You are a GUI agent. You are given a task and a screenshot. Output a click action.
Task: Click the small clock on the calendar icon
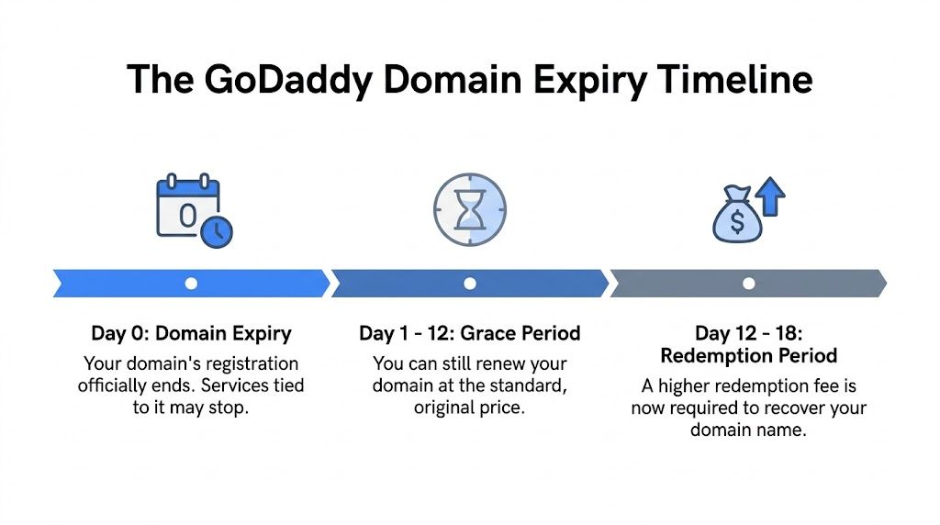(x=216, y=231)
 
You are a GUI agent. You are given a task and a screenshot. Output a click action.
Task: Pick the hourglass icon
(x=469, y=210)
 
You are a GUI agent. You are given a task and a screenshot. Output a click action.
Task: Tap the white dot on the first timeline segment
(x=191, y=284)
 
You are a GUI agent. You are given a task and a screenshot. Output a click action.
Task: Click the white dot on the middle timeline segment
(x=470, y=284)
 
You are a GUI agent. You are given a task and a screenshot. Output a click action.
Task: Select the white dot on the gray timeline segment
(x=749, y=284)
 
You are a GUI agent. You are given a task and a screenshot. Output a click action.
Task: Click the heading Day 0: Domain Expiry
(x=191, y=333)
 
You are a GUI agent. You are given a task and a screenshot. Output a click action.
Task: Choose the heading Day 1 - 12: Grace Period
(x=470, y=333)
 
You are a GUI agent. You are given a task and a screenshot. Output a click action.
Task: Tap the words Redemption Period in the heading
(x=749, y=355)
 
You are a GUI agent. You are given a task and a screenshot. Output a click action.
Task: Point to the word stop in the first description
(x=228, y=407)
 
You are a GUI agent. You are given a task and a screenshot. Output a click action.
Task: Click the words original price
(x=470, y=408)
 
